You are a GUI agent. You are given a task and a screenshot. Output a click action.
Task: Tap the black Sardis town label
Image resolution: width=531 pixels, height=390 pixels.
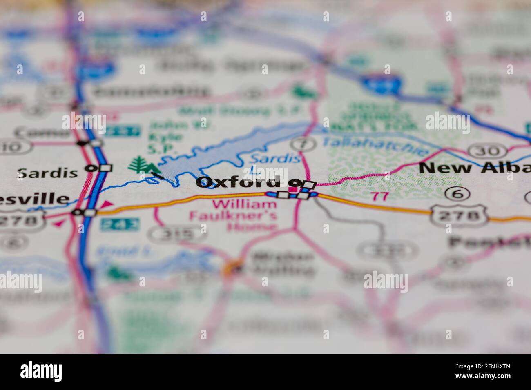[x=48, y=173]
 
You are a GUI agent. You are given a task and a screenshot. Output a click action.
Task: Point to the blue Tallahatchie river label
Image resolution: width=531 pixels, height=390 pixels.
[x=375, y=146]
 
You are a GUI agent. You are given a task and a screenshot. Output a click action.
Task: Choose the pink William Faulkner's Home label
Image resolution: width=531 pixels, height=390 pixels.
[x=233, y=215]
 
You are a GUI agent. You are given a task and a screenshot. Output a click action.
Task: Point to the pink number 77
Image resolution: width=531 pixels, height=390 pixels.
[x=379, y=196]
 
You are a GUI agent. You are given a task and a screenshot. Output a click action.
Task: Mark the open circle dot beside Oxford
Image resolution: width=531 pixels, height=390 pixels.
[x=293, y=182]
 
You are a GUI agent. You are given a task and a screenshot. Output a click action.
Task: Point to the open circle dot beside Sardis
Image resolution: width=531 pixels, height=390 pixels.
[x=90, y=168]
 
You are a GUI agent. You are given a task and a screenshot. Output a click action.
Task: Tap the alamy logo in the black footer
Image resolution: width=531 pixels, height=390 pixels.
[x=41, y=371]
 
